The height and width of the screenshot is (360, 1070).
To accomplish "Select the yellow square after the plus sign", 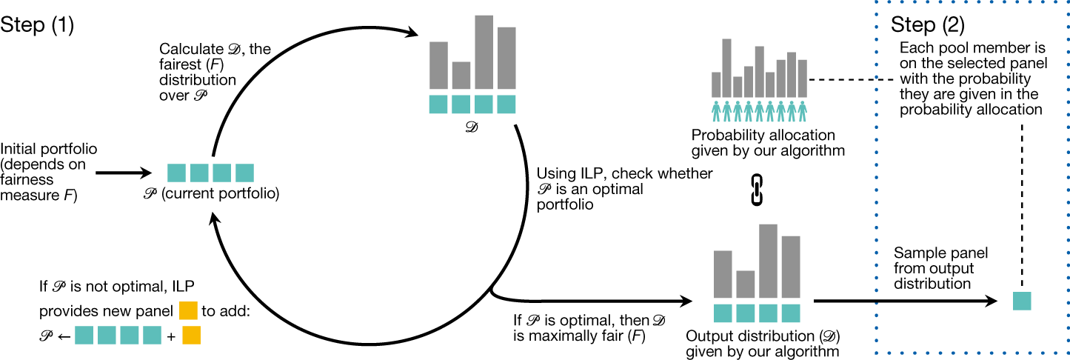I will point(191,335).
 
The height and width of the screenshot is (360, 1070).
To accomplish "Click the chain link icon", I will point(757,189).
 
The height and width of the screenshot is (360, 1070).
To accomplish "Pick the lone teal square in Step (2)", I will point(1022,301).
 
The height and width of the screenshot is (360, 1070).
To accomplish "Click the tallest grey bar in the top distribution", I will point(484,52).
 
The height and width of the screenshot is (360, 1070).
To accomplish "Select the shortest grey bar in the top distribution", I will point(461,75).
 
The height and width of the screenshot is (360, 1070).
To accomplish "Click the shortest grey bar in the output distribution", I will point(746,284).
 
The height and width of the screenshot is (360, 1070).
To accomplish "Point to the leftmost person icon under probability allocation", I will point(716,111).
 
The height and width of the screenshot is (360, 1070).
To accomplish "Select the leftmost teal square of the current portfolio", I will point(175,173).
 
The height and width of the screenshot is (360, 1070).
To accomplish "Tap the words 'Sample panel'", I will point(940,254).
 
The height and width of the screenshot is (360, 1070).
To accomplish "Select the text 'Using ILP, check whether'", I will point(623,173).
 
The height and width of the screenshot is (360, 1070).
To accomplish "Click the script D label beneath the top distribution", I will point(472,127).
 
